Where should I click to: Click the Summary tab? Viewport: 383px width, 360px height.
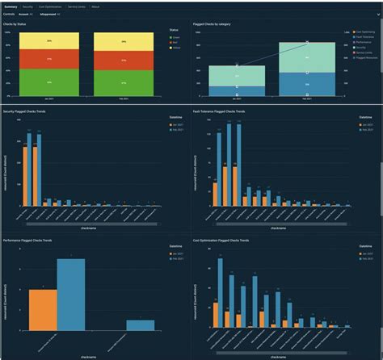pyautogui.click(x=11, y=6)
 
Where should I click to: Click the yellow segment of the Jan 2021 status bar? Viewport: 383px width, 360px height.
pyautogui.click(x=50, y=40)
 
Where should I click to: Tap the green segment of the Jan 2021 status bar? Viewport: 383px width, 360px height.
pyautogui.click(x=50, y=83)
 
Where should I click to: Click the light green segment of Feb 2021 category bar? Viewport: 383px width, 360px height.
pyautogui.click(x=307, y=58)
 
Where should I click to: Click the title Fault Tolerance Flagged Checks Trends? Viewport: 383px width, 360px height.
pyautogui.click(x=230, y=111)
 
